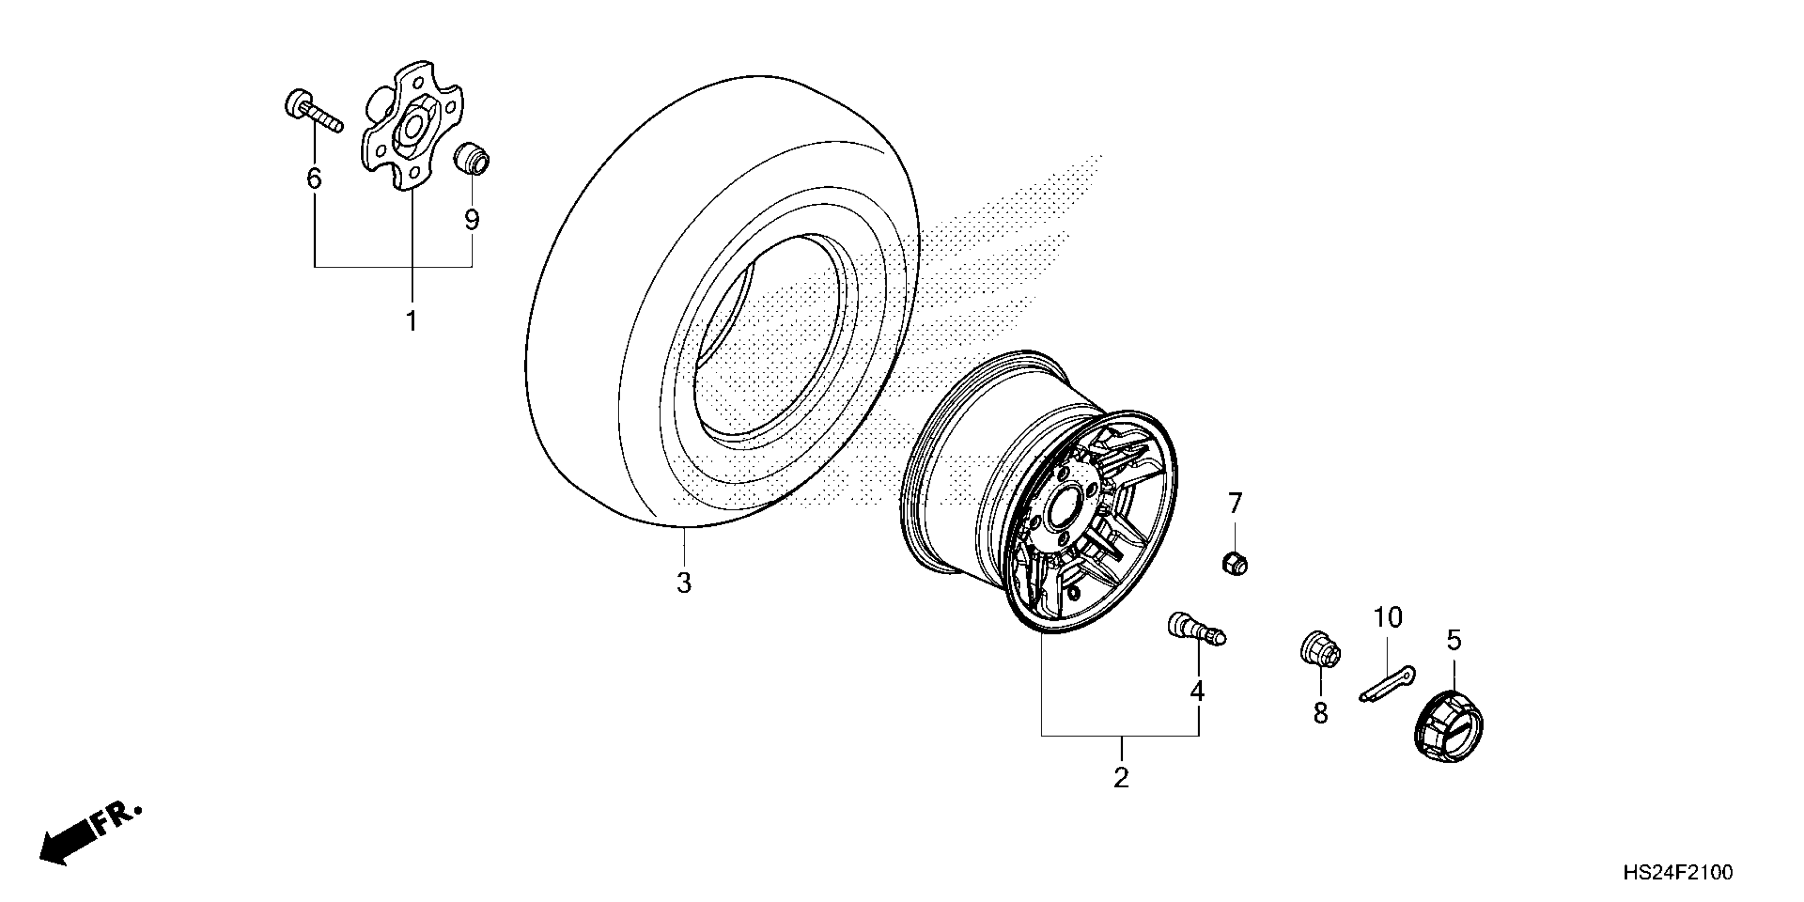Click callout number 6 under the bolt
(314, 179)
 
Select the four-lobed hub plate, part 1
(412, 126)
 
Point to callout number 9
(472, 220)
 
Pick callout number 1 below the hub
(412, 322)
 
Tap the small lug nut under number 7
(1235, 563)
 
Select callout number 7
(1235, 503)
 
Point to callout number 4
(1198, 691)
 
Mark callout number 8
(1321, 714)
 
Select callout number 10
(1388, 618)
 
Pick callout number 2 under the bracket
(1121, 778)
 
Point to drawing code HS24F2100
(1678, 873)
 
